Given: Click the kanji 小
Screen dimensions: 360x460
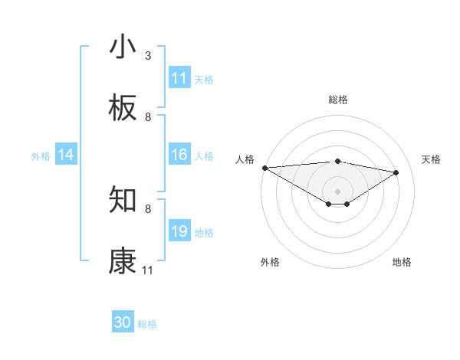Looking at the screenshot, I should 123,47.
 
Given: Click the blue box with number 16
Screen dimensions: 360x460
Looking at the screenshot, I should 179,155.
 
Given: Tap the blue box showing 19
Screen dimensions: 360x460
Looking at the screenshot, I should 179,232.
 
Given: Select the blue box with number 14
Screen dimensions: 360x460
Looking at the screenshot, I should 66,155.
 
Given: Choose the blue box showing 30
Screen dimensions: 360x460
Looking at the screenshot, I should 123,323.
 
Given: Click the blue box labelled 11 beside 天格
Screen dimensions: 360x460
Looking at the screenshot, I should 179,78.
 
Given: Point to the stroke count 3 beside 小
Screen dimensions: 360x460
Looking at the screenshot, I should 148,56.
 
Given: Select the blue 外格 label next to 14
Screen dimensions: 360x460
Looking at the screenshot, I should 41,156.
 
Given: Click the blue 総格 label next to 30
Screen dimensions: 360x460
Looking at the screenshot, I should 148,324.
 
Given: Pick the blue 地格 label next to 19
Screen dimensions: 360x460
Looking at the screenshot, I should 204,233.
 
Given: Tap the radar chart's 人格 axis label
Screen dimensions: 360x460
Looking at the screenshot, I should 245,159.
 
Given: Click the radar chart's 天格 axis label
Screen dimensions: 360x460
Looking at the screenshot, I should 431,159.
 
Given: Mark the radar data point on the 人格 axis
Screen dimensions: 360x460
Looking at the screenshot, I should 264,168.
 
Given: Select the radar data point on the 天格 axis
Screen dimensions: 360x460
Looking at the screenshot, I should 396,172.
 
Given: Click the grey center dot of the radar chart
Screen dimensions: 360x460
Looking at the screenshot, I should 337,191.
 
